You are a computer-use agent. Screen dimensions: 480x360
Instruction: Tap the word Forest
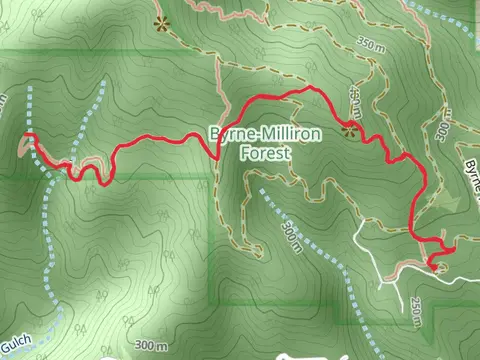click(x=264, y=154)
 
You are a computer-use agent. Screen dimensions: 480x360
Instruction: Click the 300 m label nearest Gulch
click(x=150, y=346)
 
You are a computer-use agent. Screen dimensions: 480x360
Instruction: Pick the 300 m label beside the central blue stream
click(x=291, y=238)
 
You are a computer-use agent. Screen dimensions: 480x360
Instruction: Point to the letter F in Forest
click(x=245, y=154)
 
